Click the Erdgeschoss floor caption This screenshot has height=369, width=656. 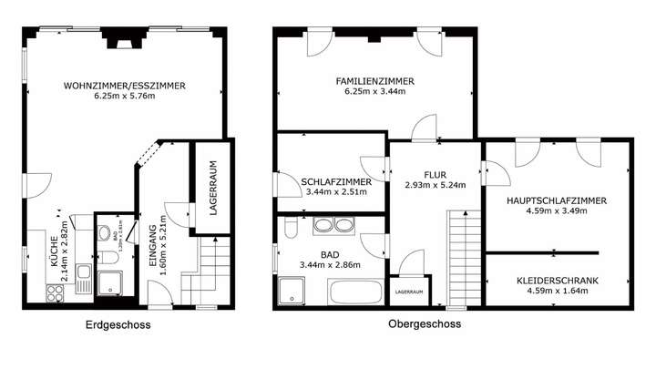(118, 324)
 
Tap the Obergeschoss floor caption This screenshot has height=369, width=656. (425, 323)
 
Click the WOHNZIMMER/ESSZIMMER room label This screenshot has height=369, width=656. (125, 86)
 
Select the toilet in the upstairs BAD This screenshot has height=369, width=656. (284, 226)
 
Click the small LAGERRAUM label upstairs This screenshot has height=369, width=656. (408, 292)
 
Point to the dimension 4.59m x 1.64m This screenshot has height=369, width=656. (557, 292)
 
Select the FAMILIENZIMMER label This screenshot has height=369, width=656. (374, 81)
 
